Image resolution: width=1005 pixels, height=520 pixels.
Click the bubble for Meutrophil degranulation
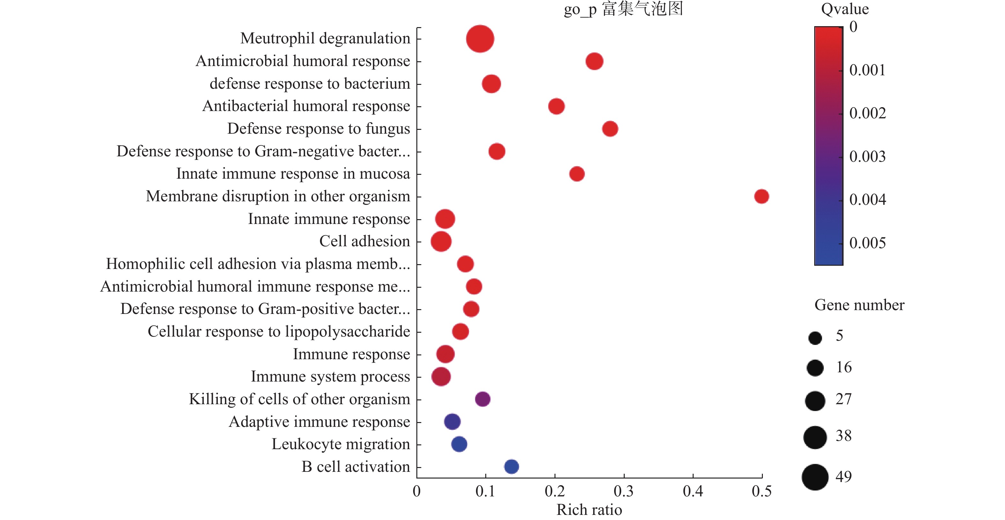pyautogui.click(x=480, y=39)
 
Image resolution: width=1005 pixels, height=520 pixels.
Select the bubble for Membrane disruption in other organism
pyautogui.click(x=761, y=196)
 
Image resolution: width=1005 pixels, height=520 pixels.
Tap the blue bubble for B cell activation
pyautogui.click(x=511, y=466)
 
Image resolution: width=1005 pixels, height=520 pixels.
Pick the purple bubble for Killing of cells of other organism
pyautogui.click(x=483, y=399)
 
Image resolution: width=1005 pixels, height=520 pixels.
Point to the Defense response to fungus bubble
pyautogui.click(x=610, y=129)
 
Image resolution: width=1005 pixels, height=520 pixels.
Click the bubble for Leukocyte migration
pyautogui.click(x=459, y=444)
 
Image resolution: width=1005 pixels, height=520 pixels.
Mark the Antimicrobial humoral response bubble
pyautogui.click(x=594, y=61)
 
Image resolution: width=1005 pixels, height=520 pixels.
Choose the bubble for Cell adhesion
pyautogui.click(x=441, y=241)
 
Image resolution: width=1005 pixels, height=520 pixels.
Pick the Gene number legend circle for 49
pyautogui.click(x=815, y=477)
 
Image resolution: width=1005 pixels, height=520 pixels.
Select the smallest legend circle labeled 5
pyautogui.click(x=815, y=338)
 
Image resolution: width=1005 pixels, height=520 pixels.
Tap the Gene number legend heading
pyautogui.click(x=859, y=305)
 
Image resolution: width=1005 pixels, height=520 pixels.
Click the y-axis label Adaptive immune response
pyautogui.click(x=319, y=422)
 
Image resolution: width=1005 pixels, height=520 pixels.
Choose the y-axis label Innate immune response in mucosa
pyautogui.click(x=293, y=174)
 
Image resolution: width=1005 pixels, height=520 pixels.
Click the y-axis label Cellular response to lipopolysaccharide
pyautogui.click(x=279, y=331)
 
